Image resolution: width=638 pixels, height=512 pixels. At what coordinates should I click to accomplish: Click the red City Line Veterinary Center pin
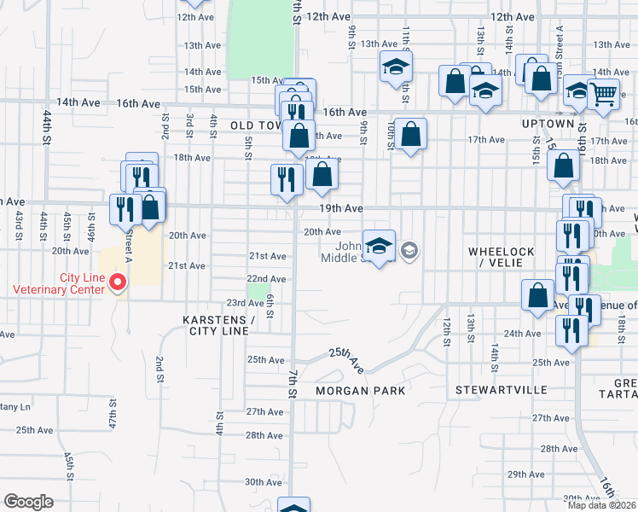[x=119, y=282]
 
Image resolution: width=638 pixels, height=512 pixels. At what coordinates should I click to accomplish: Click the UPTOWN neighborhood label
[x=548, y=124]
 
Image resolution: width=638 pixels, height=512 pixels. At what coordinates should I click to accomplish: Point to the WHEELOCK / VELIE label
[x=501, y=257]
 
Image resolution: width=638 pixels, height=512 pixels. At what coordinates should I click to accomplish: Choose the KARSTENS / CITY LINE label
[x=219, y=325]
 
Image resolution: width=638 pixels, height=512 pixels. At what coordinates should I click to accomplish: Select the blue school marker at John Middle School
[x=379, y=247]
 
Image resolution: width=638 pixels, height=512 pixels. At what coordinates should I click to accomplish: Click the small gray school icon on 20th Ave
[x=409, y=250]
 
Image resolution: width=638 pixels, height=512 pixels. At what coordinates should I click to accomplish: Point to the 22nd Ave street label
[x=266, y=279]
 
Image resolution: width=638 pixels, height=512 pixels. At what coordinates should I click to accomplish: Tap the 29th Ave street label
[x=525, y=474]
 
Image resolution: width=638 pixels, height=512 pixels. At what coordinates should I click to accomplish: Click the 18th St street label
[x=622, y=325]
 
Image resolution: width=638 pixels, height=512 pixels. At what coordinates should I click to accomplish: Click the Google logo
[x=28, y=502]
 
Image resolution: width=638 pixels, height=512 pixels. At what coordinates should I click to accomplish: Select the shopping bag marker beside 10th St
[x=410, y=134]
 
